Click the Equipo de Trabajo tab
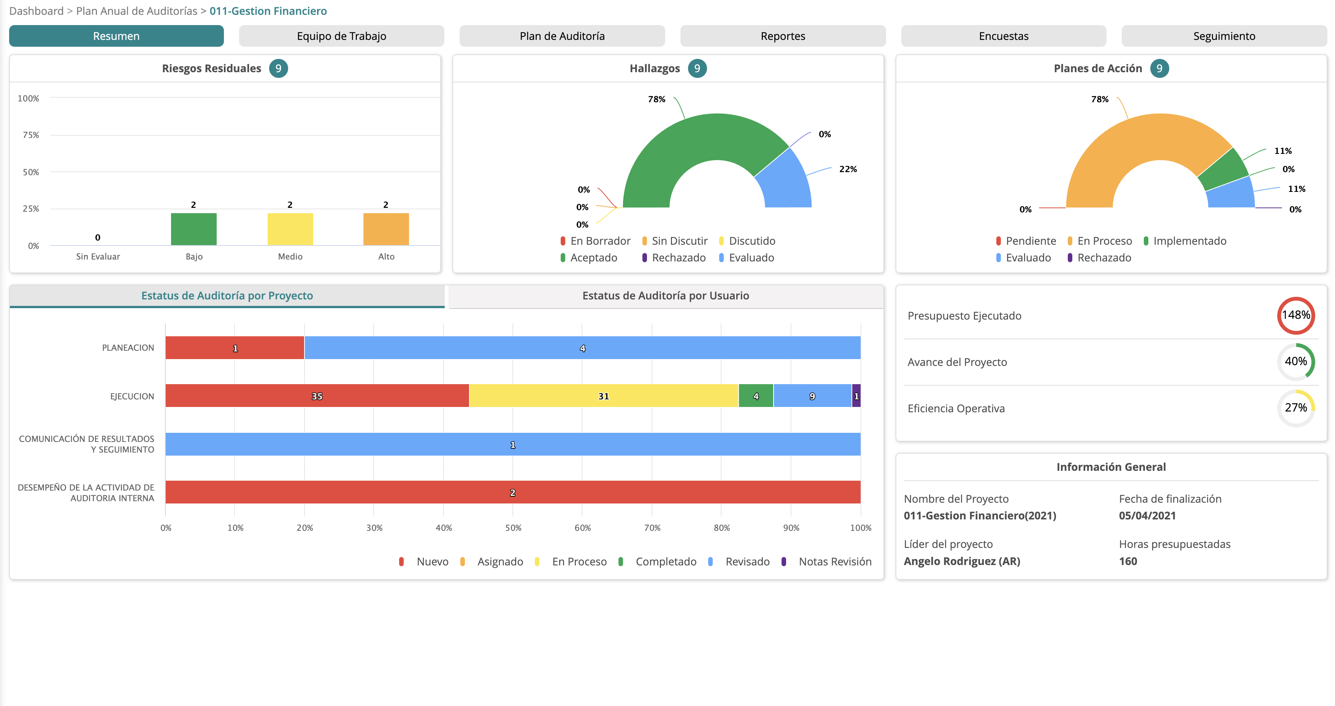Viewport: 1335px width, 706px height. (341, 36)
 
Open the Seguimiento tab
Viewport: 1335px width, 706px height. (1224, 36)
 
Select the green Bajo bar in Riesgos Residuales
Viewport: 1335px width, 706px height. (193, 229)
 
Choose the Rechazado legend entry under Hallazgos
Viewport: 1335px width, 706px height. (678, 257)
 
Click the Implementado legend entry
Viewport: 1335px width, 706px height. (1189, 241)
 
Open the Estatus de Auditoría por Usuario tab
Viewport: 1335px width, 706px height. (666, 296)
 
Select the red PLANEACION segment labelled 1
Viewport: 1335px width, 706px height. (235, 348)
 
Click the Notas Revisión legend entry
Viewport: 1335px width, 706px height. (834, 562)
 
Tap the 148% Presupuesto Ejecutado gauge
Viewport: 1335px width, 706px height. (1295, 315)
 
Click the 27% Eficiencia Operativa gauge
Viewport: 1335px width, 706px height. (1295, 408)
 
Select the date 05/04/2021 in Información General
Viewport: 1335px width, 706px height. (1147, 515)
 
